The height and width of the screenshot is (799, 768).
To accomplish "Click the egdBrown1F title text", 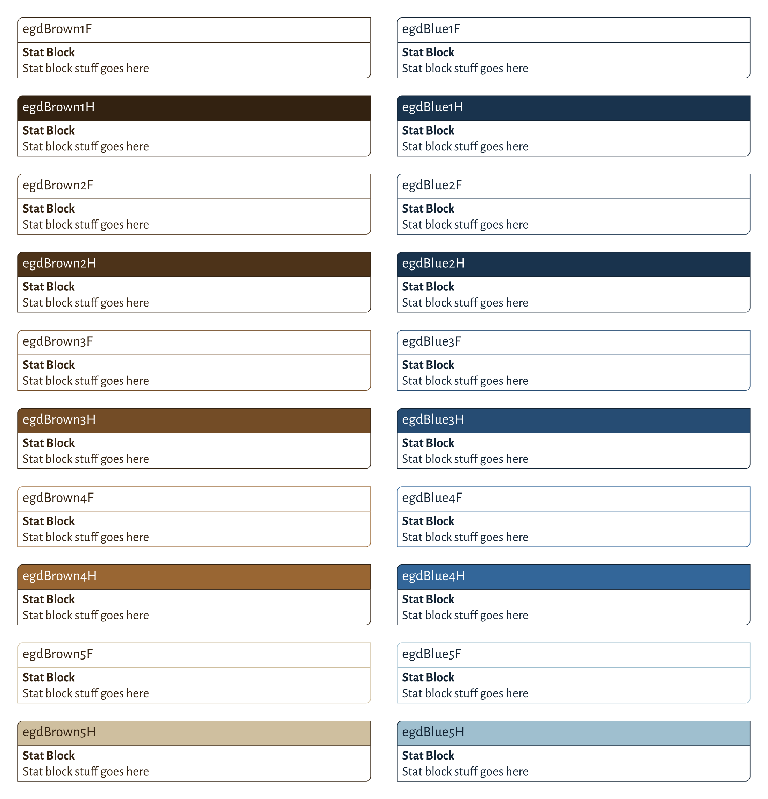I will pos(57,29).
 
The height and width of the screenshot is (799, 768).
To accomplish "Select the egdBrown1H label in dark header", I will pos(58,108).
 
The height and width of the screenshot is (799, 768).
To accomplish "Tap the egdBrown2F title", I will pos(58,186).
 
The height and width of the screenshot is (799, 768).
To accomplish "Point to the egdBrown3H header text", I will pos(59,420).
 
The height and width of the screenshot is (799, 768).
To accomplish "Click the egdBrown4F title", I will pos(58,498).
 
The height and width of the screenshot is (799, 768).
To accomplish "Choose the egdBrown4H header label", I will pos(59,576).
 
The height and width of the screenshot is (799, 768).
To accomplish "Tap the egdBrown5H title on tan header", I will pos(59,733).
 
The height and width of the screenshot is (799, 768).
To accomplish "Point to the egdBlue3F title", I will pos(431,341).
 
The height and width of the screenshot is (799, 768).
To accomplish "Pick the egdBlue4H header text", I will pos(433,576).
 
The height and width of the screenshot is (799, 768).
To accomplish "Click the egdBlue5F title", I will pos(431,654).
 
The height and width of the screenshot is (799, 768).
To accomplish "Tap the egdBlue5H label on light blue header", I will pos(432,733).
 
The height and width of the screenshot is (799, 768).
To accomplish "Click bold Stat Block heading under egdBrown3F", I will pos(49,365).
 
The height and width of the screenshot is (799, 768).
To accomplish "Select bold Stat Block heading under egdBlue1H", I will pos(428,130).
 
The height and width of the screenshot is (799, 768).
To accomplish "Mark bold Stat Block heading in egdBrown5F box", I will pos(49,677).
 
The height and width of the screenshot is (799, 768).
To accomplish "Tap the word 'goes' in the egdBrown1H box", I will pos(112,147).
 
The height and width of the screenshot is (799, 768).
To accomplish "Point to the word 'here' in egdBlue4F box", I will pos(517,537).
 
